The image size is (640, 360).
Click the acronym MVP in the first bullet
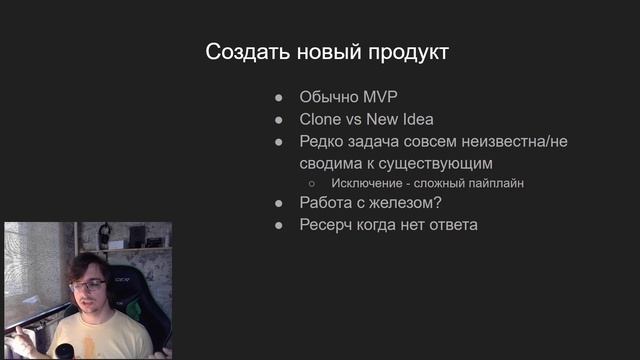[x=378, y=98]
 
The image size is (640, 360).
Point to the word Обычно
[x=328, y=98]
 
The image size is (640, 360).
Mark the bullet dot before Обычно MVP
[x=280, y=98]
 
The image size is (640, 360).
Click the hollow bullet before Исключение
[x=311, y=183]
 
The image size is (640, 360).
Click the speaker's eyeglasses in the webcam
[x=89, y=285]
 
